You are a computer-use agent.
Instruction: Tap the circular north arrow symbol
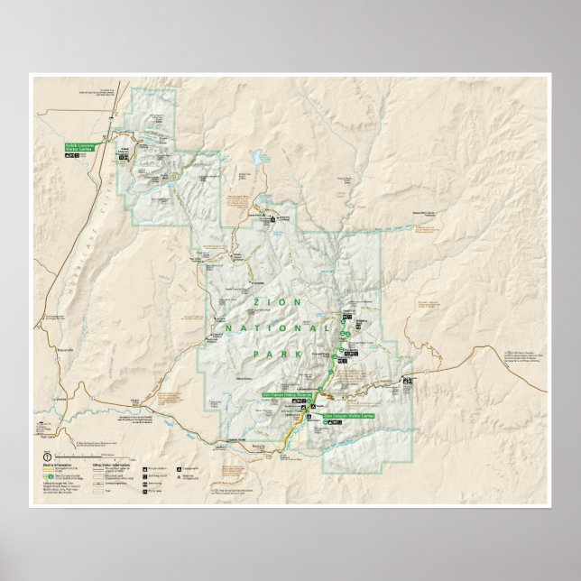[48, 456]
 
